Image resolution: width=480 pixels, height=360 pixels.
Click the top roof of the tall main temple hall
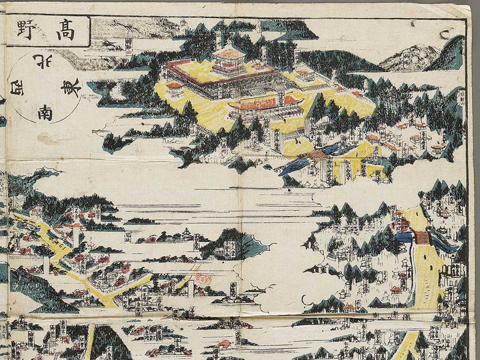pos(229,53)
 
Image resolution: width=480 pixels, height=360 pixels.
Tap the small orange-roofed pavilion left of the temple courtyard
pos(175,87)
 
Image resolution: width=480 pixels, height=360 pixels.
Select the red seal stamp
pos(204,281)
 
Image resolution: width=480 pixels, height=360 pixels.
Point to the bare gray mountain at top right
pos(408,59)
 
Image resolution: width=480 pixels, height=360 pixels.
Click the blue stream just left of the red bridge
pos(403,237)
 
